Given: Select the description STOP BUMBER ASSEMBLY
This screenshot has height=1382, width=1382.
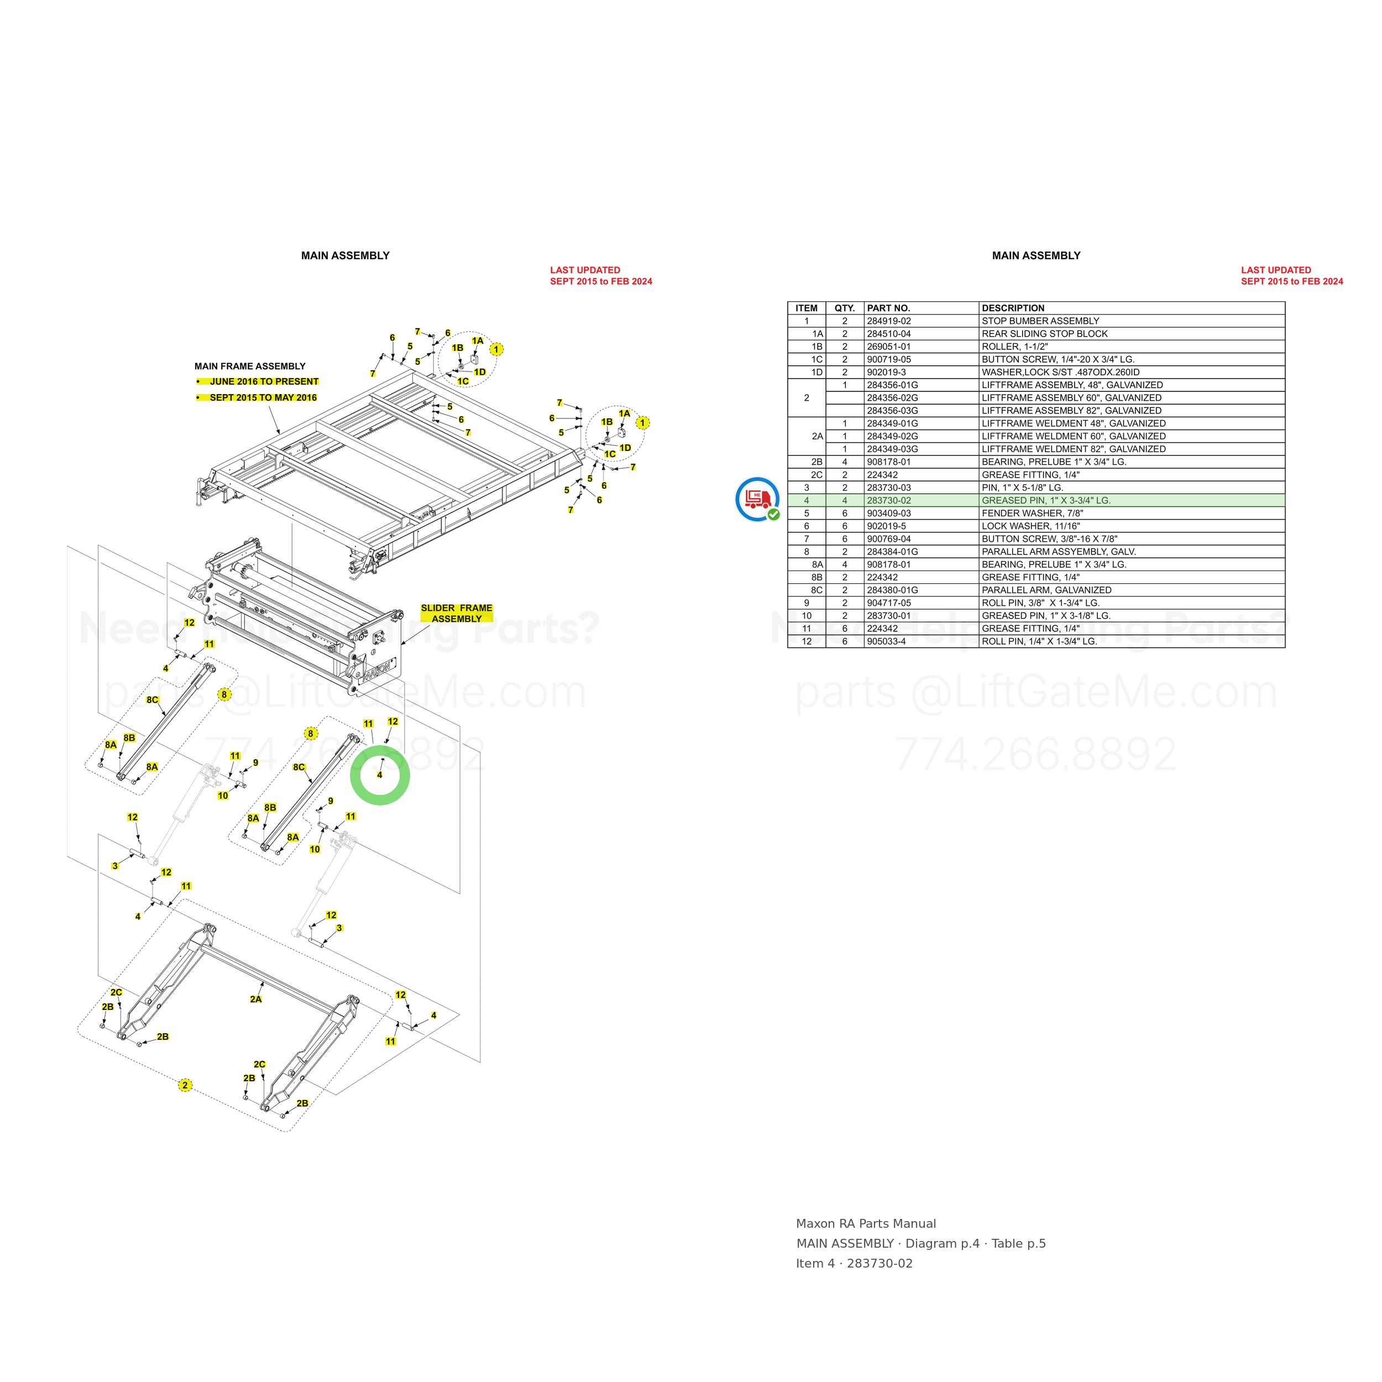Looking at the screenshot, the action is coord(1040,321).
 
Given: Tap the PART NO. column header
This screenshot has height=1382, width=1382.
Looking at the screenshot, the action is coord(888,308).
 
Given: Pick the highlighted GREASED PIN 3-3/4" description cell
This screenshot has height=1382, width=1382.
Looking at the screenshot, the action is coord(1046,501).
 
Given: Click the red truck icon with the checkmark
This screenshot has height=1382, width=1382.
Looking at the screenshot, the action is coord(757,499).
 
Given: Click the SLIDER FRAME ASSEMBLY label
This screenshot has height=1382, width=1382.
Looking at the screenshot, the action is coord(457,613).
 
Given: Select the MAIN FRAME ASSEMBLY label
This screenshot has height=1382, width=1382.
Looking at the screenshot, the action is coord(250,367).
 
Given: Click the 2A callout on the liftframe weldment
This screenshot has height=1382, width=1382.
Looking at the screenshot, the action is coord(255,999).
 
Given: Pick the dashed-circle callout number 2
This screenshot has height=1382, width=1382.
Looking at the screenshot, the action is coord(185,1085).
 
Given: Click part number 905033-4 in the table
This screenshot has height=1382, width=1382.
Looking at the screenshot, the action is coord(886,642).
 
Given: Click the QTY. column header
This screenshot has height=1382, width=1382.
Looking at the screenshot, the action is coord(845,308).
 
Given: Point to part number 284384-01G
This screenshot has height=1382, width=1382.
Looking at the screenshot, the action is coord(892,552).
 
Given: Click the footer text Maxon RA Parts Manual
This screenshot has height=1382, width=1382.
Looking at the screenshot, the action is coord(866,1224).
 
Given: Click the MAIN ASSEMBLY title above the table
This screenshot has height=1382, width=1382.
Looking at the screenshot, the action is coord(1036,255).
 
